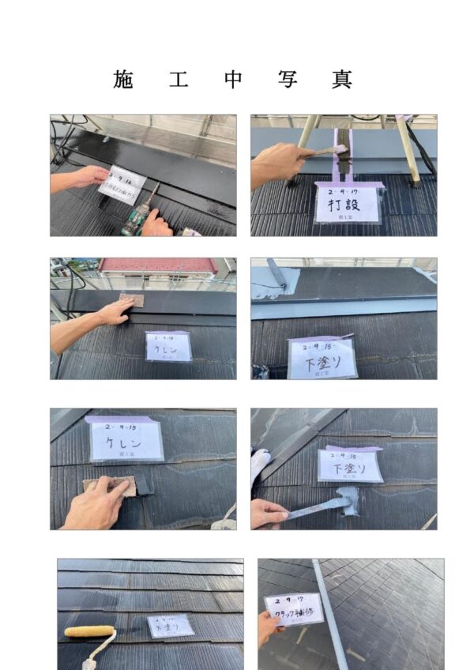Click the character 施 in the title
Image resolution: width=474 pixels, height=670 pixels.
click(123, 80)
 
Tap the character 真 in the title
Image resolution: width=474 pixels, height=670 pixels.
click(341, 80)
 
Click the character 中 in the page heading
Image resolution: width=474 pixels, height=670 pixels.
click(232, 80)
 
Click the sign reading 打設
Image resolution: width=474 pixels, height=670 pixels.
click(347, 203)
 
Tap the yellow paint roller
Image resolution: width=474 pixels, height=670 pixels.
click(89, 631)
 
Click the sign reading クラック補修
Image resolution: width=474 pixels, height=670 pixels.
click(294, 609)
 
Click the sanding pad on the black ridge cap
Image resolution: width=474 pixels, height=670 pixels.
click(131, 300)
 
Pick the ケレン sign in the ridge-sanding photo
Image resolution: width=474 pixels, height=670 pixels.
click(168, 347)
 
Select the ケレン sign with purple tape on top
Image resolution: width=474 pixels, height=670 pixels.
click(126, 439)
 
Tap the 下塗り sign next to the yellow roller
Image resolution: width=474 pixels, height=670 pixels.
click(170, 626)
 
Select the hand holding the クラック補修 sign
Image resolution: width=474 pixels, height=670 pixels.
click(268, 627)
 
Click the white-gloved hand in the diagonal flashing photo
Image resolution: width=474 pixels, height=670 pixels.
click(260, 465)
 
